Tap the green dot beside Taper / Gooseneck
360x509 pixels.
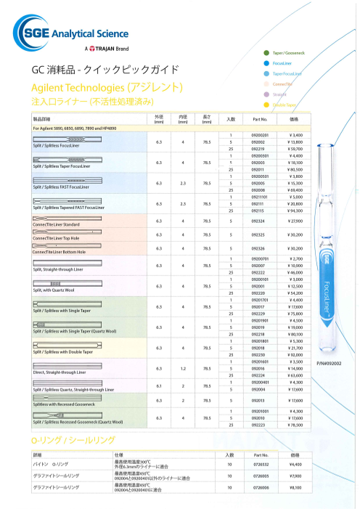(267, 54)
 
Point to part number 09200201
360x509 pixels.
(260, 135)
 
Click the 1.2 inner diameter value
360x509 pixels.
(184, 369)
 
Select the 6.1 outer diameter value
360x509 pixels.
(159, 386)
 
